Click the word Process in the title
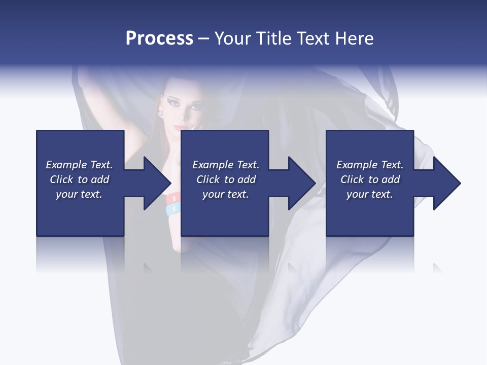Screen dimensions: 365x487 pos(159,39)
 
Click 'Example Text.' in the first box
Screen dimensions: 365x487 pos(79,165)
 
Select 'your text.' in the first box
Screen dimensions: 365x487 pos(79,194)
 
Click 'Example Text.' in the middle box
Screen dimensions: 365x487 pos(226,165)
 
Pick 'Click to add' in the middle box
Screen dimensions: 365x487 pos(226,179)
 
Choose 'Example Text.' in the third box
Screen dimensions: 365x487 pos(370,165)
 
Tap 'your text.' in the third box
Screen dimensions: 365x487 pos(370,194)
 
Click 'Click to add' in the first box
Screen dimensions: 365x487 pos(79,179)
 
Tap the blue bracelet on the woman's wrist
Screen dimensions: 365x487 pos(172,208)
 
